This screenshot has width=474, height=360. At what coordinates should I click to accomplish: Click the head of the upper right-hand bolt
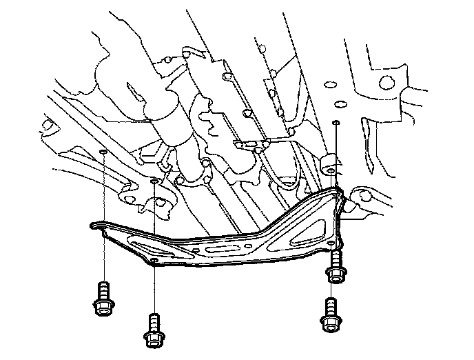pos(336,275)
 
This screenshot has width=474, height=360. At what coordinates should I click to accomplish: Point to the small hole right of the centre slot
pos(262,243)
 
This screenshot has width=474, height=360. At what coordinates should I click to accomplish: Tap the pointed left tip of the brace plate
pos(93,224)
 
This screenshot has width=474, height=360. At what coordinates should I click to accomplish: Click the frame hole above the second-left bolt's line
pos(154,183)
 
